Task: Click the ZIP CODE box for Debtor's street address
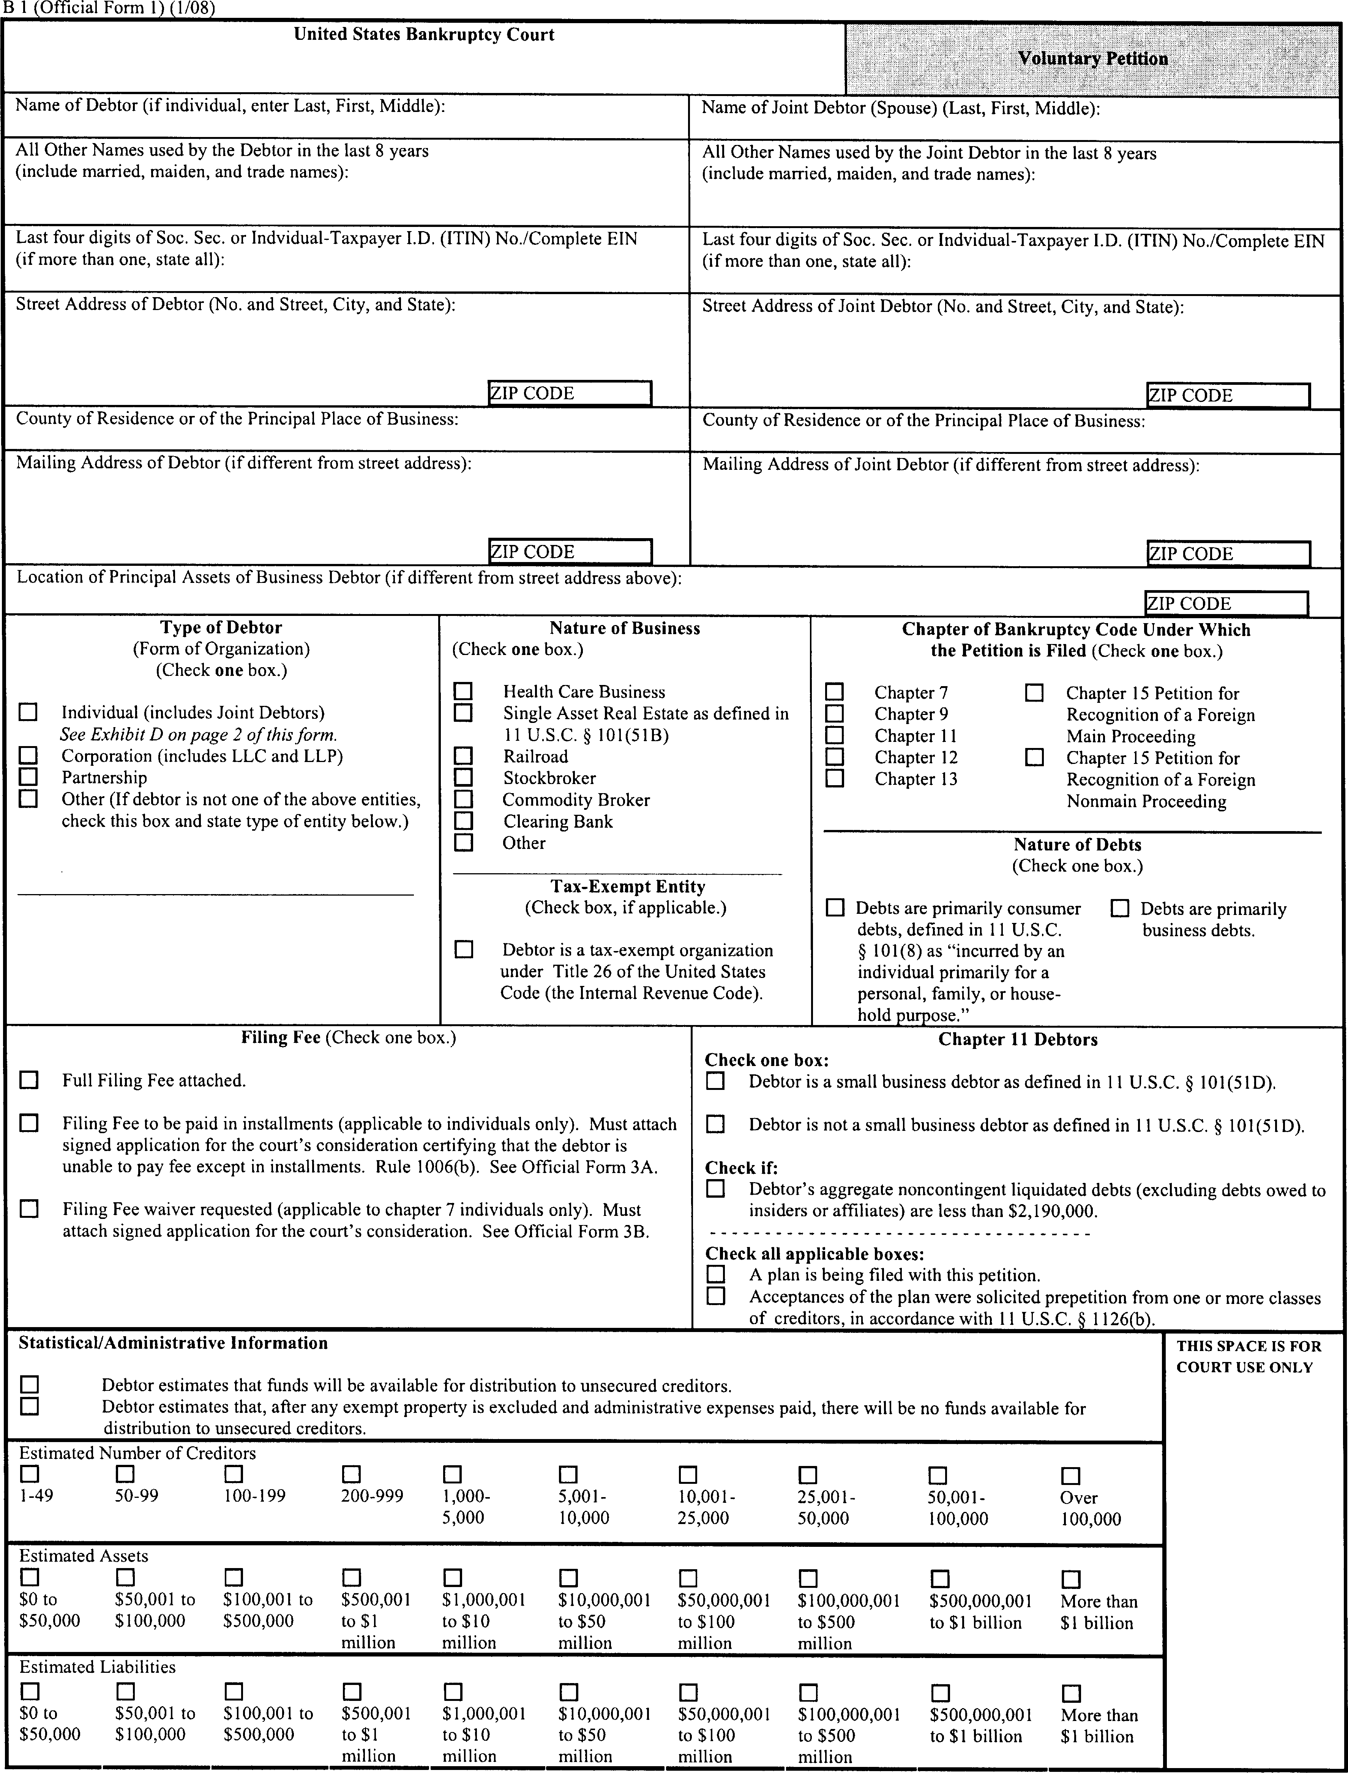570,393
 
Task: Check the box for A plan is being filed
715,1274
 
